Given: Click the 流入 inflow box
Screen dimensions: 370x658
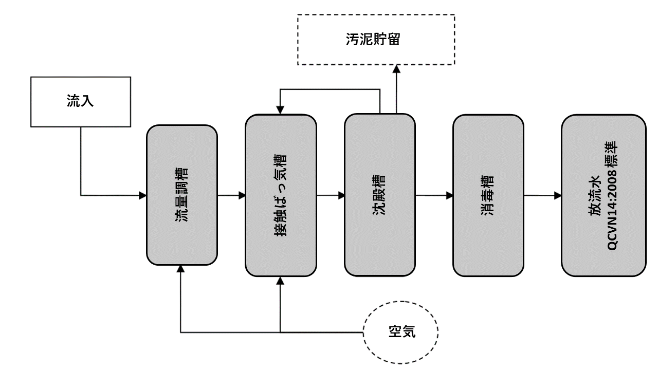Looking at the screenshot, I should (x=81, y=101).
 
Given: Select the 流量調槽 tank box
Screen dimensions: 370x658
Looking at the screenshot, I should (x=182, y=195).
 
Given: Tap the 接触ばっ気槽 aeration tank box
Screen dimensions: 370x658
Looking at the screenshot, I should (x=280, y=195).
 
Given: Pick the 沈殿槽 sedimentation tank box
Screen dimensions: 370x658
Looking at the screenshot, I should (x=379, y=195).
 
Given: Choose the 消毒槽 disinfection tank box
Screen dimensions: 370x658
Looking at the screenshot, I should (x=488, y=195).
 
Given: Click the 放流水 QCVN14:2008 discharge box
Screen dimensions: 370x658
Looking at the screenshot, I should (x=603, y=195).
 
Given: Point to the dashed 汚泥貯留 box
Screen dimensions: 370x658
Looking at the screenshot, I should (x=376, y=40).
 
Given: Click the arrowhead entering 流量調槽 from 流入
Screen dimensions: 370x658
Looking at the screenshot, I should (x=143, y=195).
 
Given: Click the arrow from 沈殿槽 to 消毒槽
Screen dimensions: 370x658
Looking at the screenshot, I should (x=434, y=195).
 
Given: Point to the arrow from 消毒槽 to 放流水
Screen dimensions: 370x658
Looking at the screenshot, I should (x=543, y=195).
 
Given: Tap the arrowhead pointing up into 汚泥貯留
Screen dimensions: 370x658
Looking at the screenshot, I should (x=396, y=69).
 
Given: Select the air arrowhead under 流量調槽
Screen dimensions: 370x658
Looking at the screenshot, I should (x=180, y=269).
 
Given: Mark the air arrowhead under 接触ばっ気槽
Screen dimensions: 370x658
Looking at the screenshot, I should (x=280, y=281).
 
